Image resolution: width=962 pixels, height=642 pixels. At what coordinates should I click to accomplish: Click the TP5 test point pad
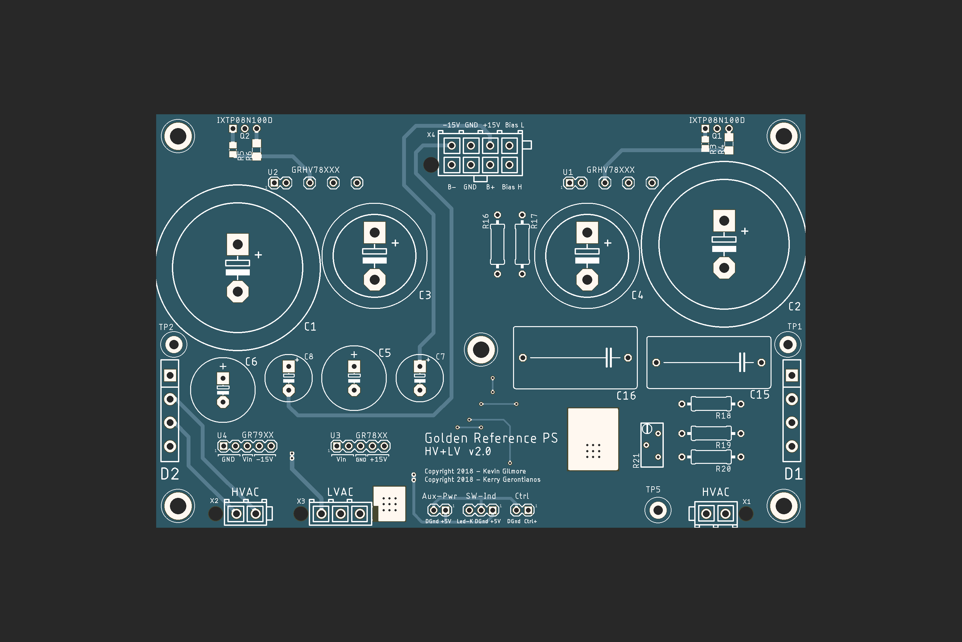tap(658, 510)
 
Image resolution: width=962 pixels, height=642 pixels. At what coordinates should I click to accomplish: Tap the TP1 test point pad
tap(788, 345)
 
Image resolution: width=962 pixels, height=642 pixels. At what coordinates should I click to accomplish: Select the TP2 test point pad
tap(174, 345)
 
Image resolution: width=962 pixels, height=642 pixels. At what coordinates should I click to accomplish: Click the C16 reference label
tap(626, 396)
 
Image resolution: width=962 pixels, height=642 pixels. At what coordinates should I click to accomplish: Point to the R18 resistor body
tap(711, 404)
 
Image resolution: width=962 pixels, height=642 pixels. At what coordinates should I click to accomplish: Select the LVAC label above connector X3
tap(340, 492)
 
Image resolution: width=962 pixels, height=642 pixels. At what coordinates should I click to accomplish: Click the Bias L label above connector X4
tap(514, 125)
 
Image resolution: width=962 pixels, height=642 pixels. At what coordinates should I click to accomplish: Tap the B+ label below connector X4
tap(490, 187)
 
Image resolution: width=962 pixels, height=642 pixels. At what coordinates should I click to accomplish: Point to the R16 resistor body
tap(497, 244)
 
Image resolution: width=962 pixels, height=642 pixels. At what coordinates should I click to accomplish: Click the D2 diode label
tap(170, 474)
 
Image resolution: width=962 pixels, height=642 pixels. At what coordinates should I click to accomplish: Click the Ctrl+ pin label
tap(530, 522)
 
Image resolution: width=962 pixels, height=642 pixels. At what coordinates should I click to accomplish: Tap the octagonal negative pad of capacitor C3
tap(374, 280)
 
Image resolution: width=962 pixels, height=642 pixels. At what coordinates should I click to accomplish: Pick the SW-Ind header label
tap(481, 496)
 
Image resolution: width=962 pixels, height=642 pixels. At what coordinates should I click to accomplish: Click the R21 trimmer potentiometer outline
tap(652, 445)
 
